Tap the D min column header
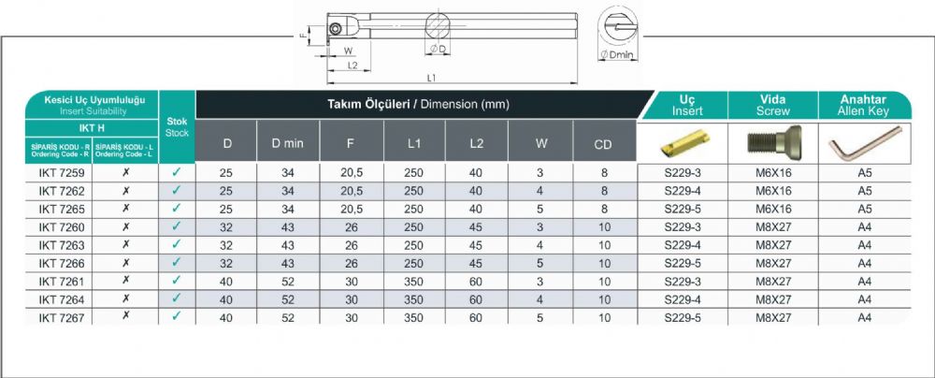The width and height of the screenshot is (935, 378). click(x=288, y=143)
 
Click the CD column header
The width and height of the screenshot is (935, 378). click(x=603, y=144)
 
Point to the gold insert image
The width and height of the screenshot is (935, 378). click(x=683, y=143)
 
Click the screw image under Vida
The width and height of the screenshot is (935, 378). click(x=773, y=142)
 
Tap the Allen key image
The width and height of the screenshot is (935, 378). click(x=865, y=143)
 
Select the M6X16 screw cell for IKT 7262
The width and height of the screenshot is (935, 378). click(x=773, y=191)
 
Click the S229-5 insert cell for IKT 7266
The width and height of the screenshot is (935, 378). click(x=683, y=263)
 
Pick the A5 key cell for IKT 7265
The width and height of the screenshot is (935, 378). click(x=865, y=209)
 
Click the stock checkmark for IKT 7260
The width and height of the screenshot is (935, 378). click(x=176, y=226)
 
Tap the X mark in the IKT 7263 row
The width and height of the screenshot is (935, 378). click(x=126, y=244)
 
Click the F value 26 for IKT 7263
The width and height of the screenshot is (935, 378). click(x=352, y=245)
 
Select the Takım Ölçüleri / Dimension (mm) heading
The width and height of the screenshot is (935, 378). click(x=418, y=105)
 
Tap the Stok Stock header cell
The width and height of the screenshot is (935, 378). click(x=177, y=127)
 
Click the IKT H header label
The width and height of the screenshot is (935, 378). click(x=92, y=128)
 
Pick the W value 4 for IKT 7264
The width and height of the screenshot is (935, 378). click(x=539, y=299)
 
